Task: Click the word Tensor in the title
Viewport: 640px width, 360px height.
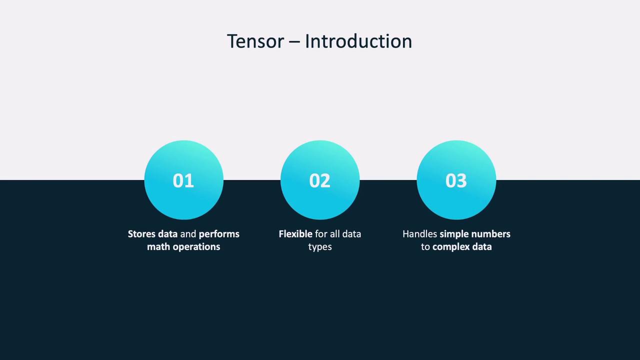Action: coord(255,41)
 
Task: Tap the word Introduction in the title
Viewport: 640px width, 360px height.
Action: coord(358,41)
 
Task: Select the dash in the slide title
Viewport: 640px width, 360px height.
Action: coord(294,42)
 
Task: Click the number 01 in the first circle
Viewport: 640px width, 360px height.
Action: coord(183,180)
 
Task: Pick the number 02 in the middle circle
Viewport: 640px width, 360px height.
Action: coord(319,180)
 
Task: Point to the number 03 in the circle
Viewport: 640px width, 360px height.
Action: coord(456,180)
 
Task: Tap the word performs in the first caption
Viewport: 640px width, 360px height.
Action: coord(219,234)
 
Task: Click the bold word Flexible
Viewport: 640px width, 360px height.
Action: coord(295,234)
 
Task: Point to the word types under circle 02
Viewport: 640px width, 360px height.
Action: coord(320,247)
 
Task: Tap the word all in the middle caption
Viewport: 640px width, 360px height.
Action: coord(334,234)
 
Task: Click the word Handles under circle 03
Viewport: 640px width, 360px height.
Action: coord(419,234)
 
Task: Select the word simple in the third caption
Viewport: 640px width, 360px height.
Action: coord(454,234)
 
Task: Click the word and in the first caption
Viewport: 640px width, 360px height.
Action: coord(188,234)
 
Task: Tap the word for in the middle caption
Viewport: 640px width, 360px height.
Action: coord(321,234)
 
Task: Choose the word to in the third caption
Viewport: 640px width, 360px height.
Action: coord(425,247)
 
